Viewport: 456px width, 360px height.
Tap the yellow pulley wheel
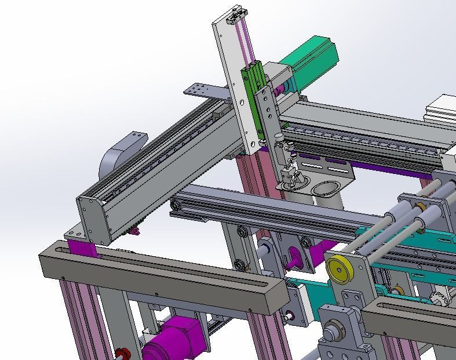[x=337, y=270]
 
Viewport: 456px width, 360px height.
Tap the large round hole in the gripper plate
[x=326, y=189]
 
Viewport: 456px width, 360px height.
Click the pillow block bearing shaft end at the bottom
[x=331, y=335]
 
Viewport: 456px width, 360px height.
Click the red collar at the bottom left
[x=121, y=354]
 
